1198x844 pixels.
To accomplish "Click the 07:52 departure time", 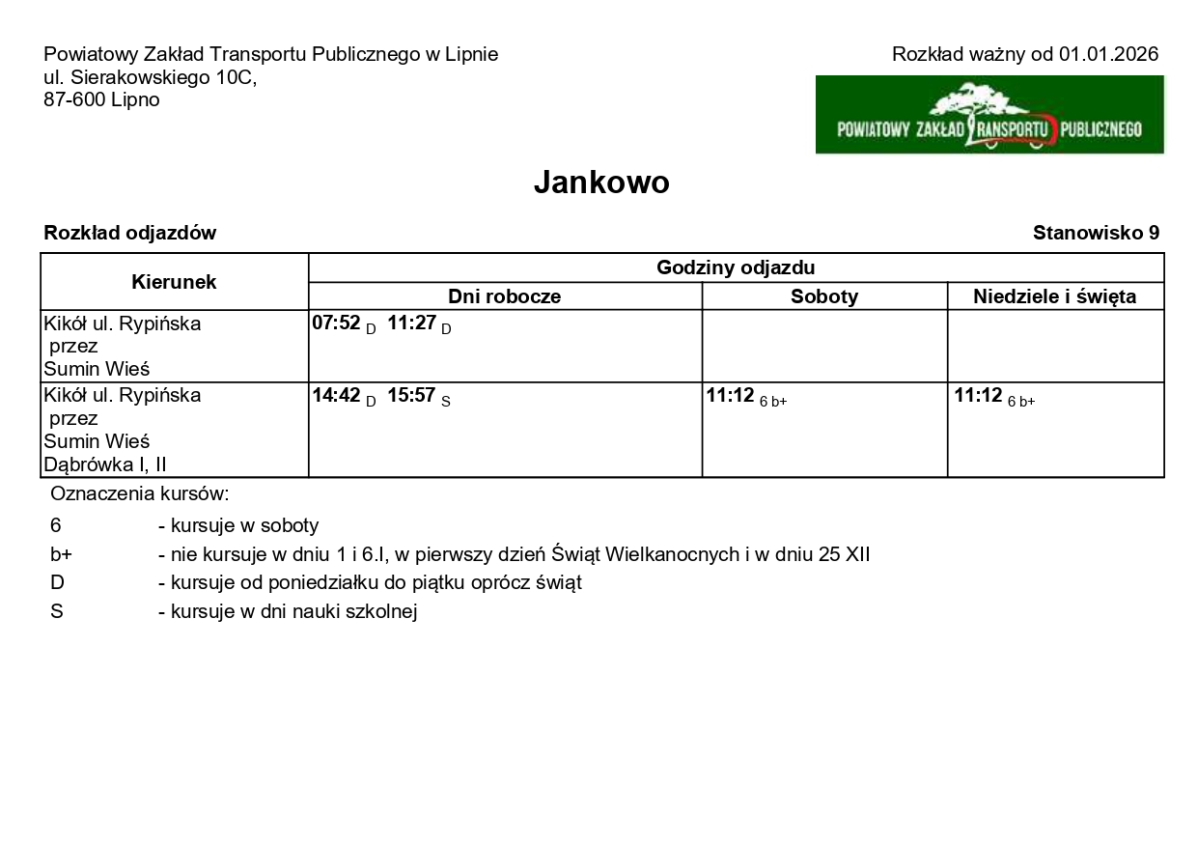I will tap(334, 324).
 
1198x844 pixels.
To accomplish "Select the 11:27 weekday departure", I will tap(410, 324).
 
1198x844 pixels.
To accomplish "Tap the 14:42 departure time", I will tap(336, 395).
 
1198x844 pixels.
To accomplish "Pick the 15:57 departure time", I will tap(411, 395).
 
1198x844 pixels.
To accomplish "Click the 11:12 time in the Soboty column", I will tap(730, 395).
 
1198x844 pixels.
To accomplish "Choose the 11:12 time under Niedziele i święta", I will tap(978, 395).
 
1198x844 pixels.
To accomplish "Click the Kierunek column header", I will tap(174, 282).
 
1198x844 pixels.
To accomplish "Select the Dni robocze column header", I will tap(504, 296).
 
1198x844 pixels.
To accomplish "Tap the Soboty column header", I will tap(823, 296).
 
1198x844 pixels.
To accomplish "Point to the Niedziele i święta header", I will tap(1054, 296).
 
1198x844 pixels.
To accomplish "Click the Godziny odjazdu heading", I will tap(736, 267).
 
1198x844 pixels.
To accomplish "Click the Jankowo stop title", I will tap(600, 183).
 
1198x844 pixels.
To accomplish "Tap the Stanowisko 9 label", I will tap(1096, 233).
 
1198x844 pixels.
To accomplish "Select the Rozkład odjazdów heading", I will tap(130, 233).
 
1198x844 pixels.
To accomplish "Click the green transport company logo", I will tap(989, 115).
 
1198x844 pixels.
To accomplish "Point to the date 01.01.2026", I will tap(1108, 54).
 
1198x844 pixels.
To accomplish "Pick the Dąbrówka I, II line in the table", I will tap(105, 465).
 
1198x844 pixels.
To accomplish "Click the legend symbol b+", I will tap(61, 555).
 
